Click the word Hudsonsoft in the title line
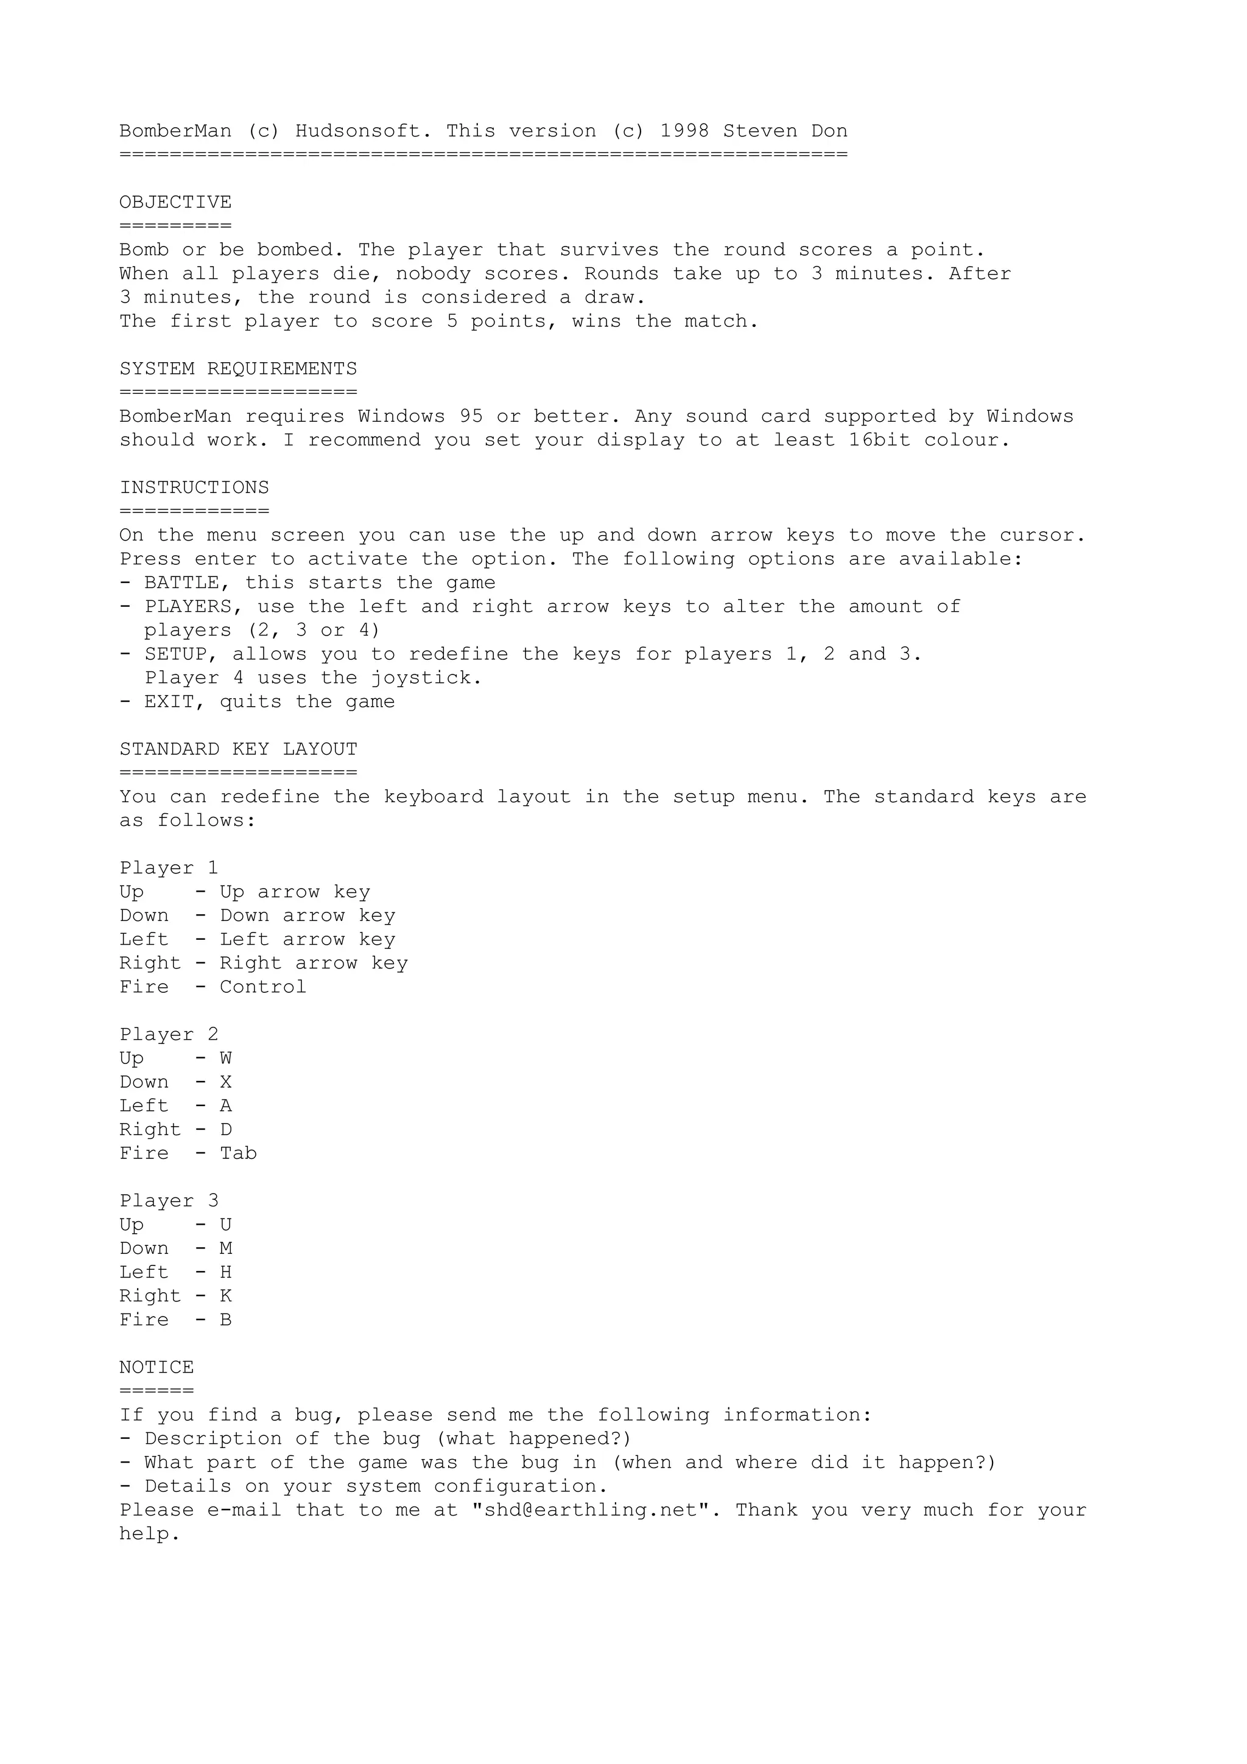[358, 131]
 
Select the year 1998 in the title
[684, 131]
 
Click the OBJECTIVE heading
[175, 203]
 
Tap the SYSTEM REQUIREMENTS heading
[238, 369]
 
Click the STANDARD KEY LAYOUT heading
[238, 750]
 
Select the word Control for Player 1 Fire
[263, 987]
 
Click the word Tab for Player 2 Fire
[238, 1154]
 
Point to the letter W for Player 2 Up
[226, 1059]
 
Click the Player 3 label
[169, 1202]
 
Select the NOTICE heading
[156, 1368]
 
